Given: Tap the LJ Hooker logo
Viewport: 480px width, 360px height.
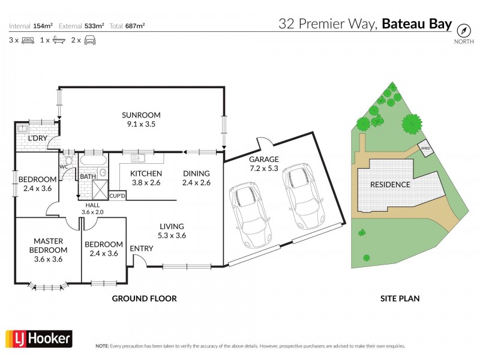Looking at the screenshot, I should [39, 339].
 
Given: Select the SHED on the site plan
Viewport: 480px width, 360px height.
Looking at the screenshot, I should [425, 148].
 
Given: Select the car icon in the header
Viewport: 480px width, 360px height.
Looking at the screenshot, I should [91, 40].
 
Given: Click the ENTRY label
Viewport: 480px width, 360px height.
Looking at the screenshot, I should [142, 249].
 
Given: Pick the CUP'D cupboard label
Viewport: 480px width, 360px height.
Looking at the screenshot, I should [117, 196].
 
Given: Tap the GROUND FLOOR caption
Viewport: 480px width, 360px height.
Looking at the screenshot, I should [145, 298].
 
